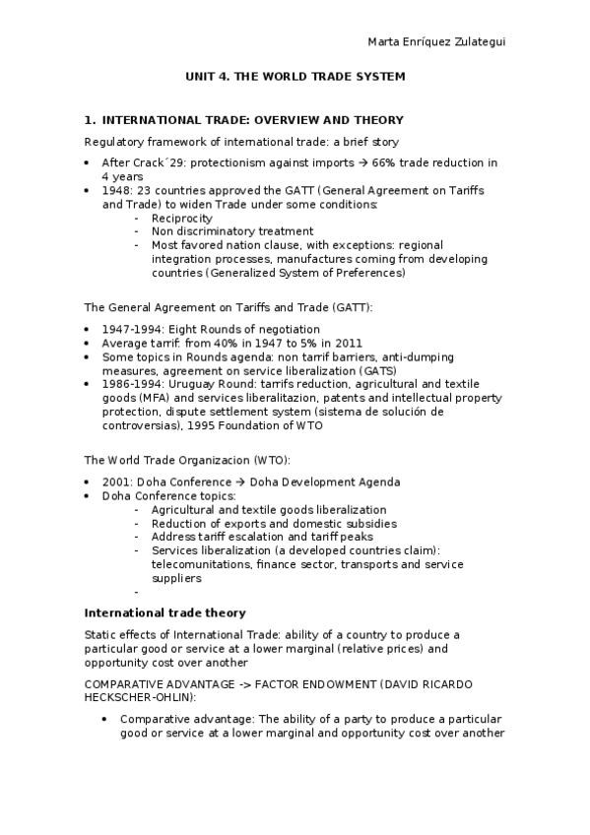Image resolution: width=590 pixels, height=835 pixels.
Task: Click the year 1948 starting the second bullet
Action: [x=115, y=190]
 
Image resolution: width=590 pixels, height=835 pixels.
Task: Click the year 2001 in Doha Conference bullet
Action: [x=115, y=482]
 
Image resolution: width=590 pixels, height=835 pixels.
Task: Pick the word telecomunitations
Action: [x=200, y=565]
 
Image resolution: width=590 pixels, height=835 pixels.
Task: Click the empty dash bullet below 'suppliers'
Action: [x=136, y=593]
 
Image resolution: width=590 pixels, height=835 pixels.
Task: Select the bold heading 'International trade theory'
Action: [x=164, y=613]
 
